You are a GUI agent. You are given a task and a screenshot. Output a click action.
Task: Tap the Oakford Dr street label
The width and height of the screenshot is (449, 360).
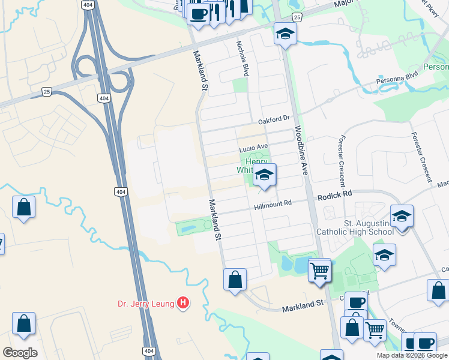coord(274,120)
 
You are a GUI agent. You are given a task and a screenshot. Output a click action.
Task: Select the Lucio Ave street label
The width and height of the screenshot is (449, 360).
coord(253,147)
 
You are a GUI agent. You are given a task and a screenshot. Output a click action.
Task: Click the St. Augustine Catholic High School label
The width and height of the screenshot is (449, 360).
coord(360,229)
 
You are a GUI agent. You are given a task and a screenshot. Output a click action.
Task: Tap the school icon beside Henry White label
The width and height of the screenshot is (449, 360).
coord(264,176)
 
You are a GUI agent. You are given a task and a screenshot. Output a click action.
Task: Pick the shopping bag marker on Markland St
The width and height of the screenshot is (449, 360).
coord(235,280)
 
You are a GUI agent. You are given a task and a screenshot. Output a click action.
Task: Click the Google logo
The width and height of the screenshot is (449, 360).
coord(20,352)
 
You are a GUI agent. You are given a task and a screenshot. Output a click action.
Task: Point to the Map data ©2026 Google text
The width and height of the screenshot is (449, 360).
coord(412,355)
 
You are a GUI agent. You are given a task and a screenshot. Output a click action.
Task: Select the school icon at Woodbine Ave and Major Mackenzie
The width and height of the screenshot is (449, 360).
coord(286,34)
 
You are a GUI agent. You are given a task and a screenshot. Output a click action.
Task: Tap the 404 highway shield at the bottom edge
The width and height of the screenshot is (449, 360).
coord(149,351)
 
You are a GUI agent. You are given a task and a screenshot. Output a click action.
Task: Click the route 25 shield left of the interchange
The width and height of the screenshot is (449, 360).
coord(46,91)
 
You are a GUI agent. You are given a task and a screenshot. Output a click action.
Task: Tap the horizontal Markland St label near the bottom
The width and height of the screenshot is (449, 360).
coord(303,307)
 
